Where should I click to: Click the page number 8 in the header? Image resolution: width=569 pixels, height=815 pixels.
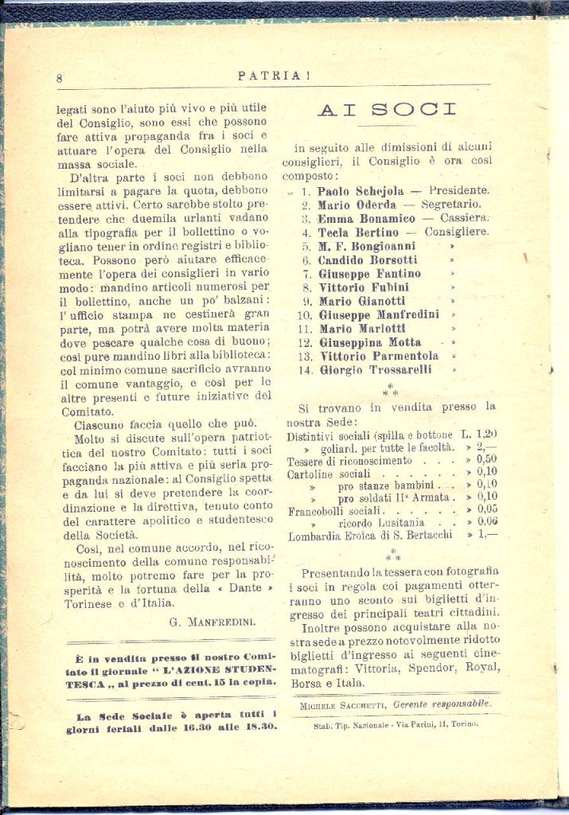pyautogui.click(x=60, y=78)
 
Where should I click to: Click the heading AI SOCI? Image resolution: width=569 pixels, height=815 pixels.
pyautogui.click(x=387, y=110)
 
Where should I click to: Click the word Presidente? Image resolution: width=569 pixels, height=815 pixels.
pyautogui.click(x=459, y=191)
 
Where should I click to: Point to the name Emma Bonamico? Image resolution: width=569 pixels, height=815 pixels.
pyautogui.click(x=366, y=218)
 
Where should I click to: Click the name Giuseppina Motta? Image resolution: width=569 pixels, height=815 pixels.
pyautogui.click(x=370, y=342)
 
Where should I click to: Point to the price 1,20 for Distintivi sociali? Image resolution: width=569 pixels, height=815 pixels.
pyautogui.click(x=486, y=435)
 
